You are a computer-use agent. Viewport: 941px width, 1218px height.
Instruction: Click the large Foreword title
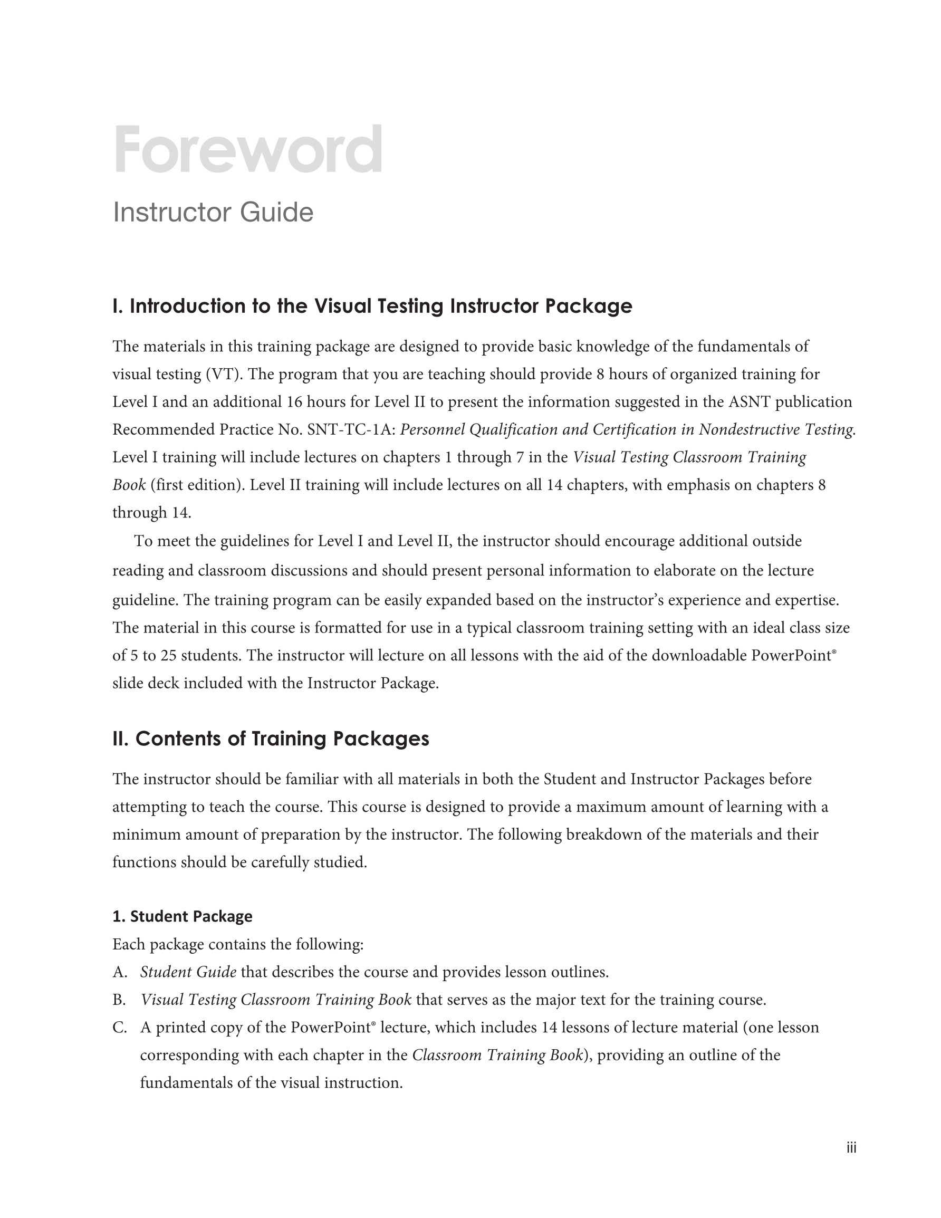(x=248, y=149)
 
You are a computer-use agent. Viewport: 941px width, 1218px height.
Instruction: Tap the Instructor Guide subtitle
(x=213, y=213)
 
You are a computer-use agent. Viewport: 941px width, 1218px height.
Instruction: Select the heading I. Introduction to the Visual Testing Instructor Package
(x=372, y=306)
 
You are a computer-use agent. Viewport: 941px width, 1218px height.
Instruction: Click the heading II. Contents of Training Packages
(x=271, y=739)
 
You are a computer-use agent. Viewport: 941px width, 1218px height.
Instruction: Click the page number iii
(x=851, y=1147)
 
